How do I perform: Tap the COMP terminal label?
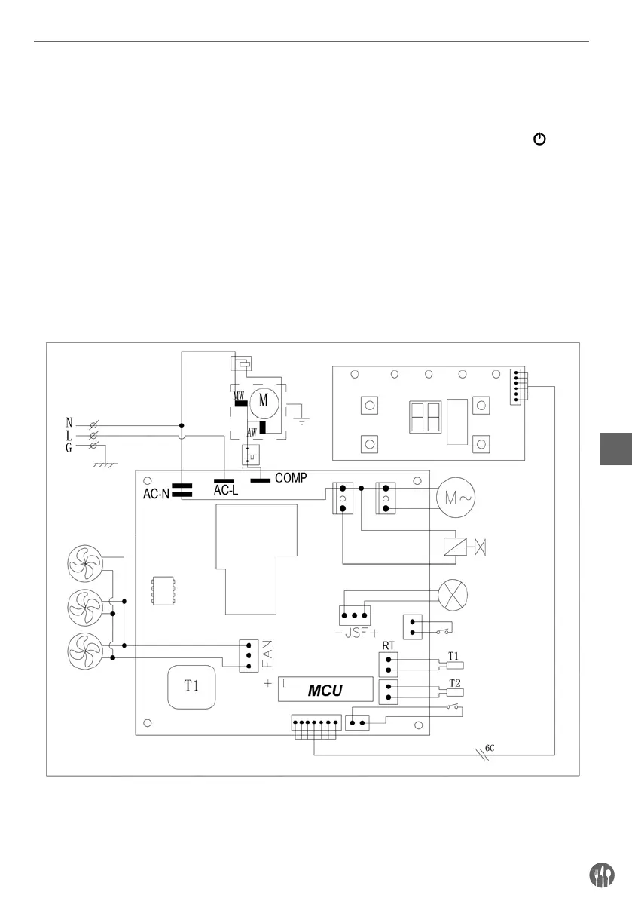pyautogui.click(x=290, y=477)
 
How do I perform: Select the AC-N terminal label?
pyautogui.click(x=158, y=495)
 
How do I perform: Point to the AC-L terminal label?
pyautogui.click(x=226, y=490)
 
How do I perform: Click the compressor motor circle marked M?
pyautogui.click(x=264, y=400)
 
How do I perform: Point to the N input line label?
pyautogui.click(x=70, y=424)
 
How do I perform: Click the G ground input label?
pyautogui.click(x=70, y=449)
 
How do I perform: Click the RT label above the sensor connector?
pyautogui.click(x=389, y=645)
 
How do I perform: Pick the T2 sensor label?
pyautogui.click(x=454, y=682)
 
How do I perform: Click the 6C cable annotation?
pyautogui.click(x=489, y=748)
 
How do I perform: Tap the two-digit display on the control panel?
pyautogui.click(x=423, y=416)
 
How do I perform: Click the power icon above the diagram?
pyautogui.click(x=539, y=139)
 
